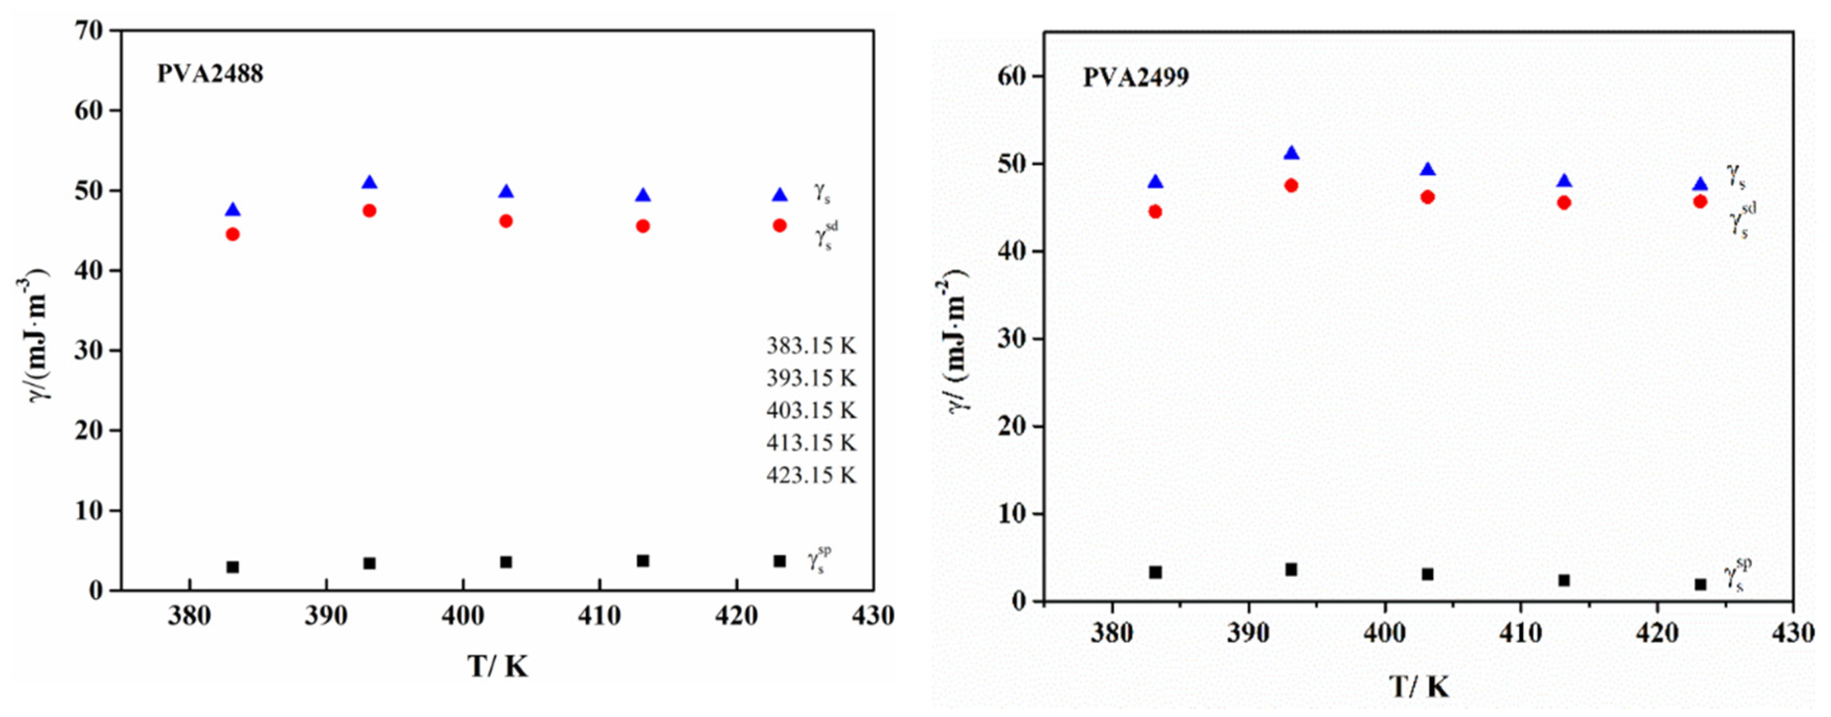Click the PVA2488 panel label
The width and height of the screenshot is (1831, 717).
click(210, 74)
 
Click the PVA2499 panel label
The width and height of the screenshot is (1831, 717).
click(1135, 77)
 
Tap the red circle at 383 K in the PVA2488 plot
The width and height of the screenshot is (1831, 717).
click(233, 234)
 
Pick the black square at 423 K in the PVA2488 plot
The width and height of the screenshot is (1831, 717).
click(780, 561)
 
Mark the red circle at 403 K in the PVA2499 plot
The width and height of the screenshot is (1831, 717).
click(1427, 197)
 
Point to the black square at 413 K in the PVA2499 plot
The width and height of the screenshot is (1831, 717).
click(1564, 581)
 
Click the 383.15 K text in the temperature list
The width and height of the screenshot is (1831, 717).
click(811, 346)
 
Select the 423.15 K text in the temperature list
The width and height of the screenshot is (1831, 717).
click(811, 475)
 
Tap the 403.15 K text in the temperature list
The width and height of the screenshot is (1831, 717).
click(811, 411)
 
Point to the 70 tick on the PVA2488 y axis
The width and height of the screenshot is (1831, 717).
click(88, 30)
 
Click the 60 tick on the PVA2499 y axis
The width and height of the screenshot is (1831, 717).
click(1012, 76)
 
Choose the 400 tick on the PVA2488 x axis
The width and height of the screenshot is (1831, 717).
click(463, 616)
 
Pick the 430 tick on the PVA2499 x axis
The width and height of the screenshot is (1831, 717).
click(1793, 632)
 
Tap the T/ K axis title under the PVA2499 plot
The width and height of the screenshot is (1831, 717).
click(1419, 687)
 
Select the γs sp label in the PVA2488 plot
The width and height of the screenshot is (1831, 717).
click(819, 560)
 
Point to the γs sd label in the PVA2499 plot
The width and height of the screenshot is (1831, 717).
click(1743, 219)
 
